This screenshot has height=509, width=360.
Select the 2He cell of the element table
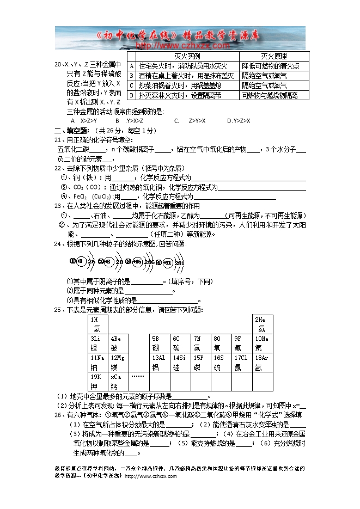click(x=263, y=324)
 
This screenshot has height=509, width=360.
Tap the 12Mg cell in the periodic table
click(x=118, y=362)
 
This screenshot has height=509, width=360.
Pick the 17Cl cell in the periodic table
click(x=242, y=362)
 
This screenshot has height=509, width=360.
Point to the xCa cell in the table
click(x=118, y=381)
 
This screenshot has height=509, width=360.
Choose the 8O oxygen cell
click(x=221, y=343)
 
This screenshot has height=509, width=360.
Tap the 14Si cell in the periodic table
click(x=180, y=362)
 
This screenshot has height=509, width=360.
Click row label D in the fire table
click(x=131, y=95)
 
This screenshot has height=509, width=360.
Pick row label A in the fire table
click(x=131, y=66)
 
